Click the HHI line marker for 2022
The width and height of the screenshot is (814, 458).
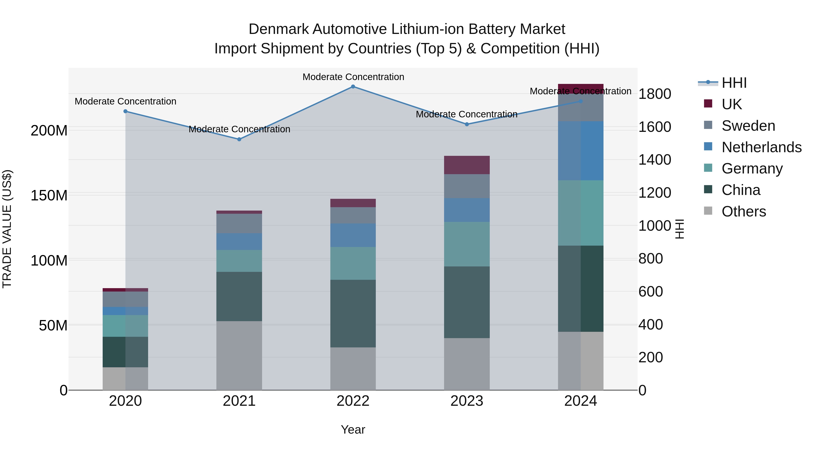pos(353,87)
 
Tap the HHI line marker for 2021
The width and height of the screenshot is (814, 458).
pos(239,139)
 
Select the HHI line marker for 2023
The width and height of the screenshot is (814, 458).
pos(467,124)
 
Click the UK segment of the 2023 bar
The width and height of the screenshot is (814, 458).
pos(467,165)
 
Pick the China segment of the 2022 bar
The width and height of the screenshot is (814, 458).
pos(353,313)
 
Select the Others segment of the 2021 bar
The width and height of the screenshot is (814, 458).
pos(239,356)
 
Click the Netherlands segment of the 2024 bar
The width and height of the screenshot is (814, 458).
pos(580,151)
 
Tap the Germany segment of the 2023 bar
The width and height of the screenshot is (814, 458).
pos(467,244)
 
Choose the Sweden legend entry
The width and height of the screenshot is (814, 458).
pos(748,126)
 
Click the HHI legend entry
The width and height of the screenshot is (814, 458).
pos(734,83)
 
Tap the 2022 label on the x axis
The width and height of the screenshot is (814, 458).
pos(353,401)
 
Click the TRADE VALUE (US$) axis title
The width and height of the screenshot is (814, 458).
pos(7,229)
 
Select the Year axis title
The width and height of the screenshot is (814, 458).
pos(353,430)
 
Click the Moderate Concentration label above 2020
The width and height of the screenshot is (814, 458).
pos(125,102)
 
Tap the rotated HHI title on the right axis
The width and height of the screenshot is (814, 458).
pos(679,229)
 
